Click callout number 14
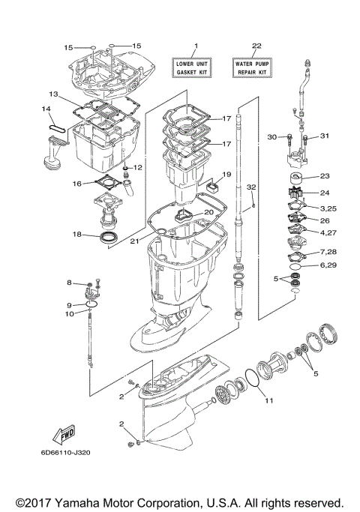(46, 109)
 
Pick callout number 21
(134, 241)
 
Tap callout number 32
(251, 186)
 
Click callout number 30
(272, 136)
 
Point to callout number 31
(324, 136)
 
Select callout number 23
(324, 176)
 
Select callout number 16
(76, 183)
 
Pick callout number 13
(53, 94)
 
